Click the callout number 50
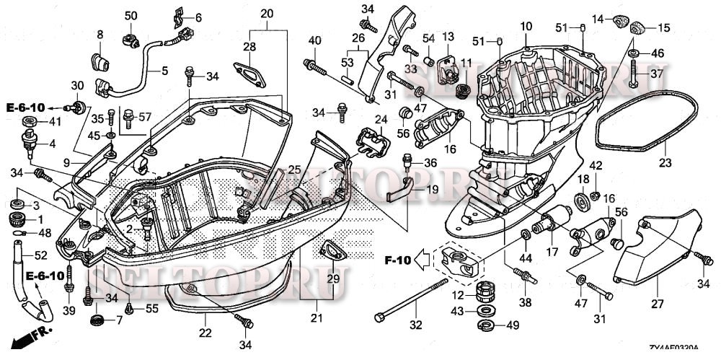pos(130,16)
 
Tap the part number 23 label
pos(665,163)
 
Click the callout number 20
pos(267,14)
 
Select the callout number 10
pos(526,27)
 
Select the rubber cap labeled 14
pos(619,19)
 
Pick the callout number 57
pos(146,117)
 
